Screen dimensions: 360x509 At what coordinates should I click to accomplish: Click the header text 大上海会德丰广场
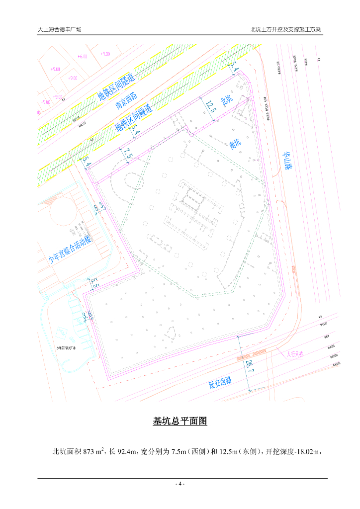click(x=60, y=29)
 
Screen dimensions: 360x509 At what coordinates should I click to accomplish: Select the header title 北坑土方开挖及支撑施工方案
click(x=286, y=29)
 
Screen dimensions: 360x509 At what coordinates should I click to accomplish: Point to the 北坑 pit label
click(x=227, y=101)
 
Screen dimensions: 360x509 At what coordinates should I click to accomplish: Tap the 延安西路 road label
click(x=220, y=382)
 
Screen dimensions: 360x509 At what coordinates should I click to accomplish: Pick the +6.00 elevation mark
click(x=83, y=57)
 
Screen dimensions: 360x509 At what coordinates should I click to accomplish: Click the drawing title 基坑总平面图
click(x=180, y=422)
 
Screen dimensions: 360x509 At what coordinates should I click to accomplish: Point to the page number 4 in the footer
click(x=180, y=484)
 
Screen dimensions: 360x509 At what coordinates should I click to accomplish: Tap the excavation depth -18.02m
click(x=310, y=452)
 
